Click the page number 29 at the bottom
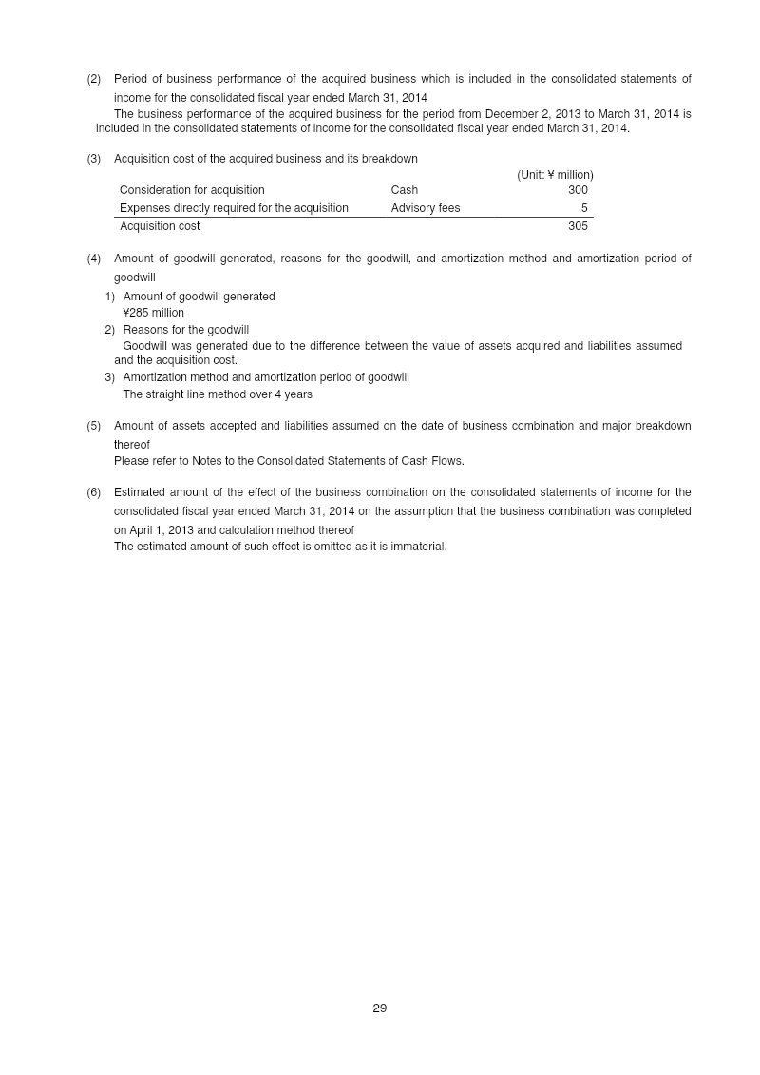[x=380, y=1008]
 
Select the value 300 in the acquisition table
[x=578, y=190]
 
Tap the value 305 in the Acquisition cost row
[x=578, y=226]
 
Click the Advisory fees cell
[x=425, y=208]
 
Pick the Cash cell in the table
[x=404, y=190]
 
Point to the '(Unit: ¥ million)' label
[x=555, y=175]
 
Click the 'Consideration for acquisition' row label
[x=192, y=190]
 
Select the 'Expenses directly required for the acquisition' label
[x=234, y=208]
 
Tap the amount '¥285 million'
[x=153, y=313]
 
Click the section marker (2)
[x=94, y=79]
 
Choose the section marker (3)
[x=94, y=159]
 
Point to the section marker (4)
[x=94, y=259]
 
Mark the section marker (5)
[x=94, y=426]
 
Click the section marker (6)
[x=94, y=492]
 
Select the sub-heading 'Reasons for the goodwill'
[x=185, y=330]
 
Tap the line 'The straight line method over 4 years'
[x=218, y=394]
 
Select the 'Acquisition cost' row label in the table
[x=160, y=226]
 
